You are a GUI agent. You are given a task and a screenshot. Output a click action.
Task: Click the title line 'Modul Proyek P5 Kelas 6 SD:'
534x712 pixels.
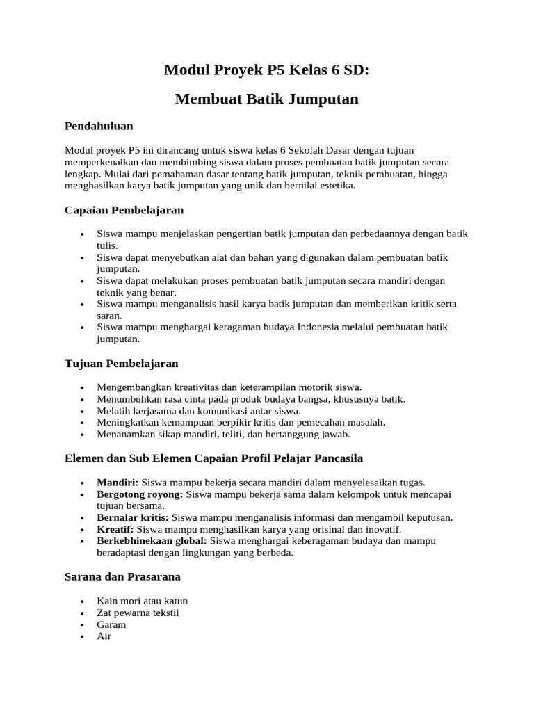click(266, 70)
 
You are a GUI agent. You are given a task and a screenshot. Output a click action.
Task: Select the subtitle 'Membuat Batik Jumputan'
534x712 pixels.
click(266, 99)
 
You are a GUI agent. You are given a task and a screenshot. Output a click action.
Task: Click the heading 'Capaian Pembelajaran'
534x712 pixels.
click(124, 210)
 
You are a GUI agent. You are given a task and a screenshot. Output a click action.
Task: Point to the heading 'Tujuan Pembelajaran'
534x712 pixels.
click(121, 364)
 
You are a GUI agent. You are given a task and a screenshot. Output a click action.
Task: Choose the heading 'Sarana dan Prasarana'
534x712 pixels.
click(122, 577)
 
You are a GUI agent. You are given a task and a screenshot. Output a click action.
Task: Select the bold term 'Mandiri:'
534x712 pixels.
click(118, 483)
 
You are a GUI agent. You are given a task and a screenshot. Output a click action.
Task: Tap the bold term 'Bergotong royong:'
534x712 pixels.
click(140, 494)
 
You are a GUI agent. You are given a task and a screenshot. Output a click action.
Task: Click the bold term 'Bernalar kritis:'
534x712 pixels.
click(132, 517)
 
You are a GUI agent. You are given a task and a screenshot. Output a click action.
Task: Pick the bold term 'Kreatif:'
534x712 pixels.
click(115, 529)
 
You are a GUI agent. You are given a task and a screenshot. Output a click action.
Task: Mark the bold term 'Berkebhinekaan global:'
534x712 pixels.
click(152, 541)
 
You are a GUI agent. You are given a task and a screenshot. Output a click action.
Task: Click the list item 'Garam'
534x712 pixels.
click(111, 624)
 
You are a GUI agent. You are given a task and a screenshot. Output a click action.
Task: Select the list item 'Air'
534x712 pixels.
click(104, 636)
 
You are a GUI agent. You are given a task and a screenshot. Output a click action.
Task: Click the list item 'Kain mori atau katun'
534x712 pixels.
click(142, 601)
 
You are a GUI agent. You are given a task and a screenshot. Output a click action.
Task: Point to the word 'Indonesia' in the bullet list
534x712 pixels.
click(318, 327)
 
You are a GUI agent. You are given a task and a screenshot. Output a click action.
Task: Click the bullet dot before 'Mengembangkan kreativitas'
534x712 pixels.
click(83, 388)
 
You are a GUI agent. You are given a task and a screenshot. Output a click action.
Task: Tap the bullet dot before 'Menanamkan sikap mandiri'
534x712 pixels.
click(83, 435)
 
